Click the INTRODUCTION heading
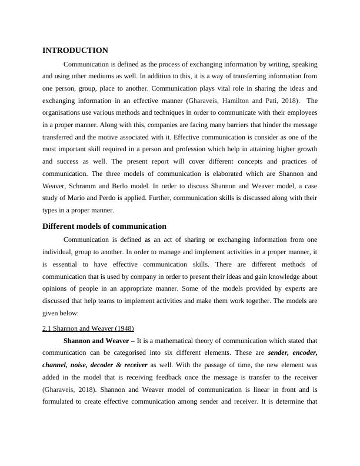(75, 51)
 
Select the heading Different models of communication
(104, 226)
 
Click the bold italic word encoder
(303, 354)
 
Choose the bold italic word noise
(85, 366)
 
